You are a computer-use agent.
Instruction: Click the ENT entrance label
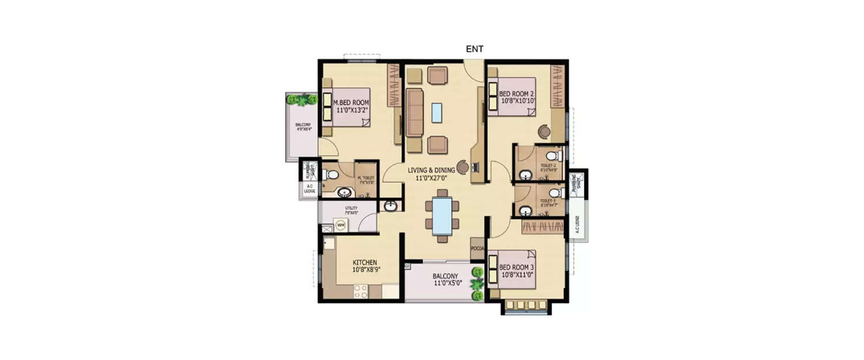pyautogui.click(x=474, y=50)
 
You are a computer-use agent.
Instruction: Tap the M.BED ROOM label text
pyautogui.click(x=351, y=103)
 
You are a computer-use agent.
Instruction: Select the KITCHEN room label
pyautogui.click(x=366, y=262)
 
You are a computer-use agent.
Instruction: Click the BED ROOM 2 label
pyautogui.click(x=517, y=94)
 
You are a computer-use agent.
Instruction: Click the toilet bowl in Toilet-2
pyautogui.click(x=553, y=156)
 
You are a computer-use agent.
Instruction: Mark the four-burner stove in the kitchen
pyautogui.click(x=361, y=291)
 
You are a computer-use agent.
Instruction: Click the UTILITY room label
pyautogui.click(x=351, y=209)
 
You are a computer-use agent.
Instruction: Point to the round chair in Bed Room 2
pyautogui.click(x=544, y=130)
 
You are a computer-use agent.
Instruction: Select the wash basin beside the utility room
pyautogui.click(x=390, y=206)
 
